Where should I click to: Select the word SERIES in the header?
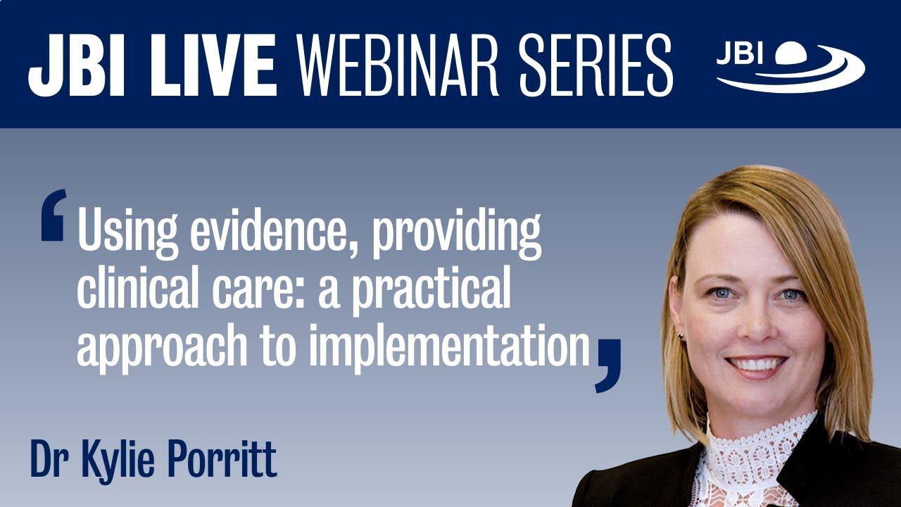(x=597, y=65)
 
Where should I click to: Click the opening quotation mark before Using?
(x=53, y=215)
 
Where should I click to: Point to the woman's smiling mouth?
(x=757, y=364)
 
